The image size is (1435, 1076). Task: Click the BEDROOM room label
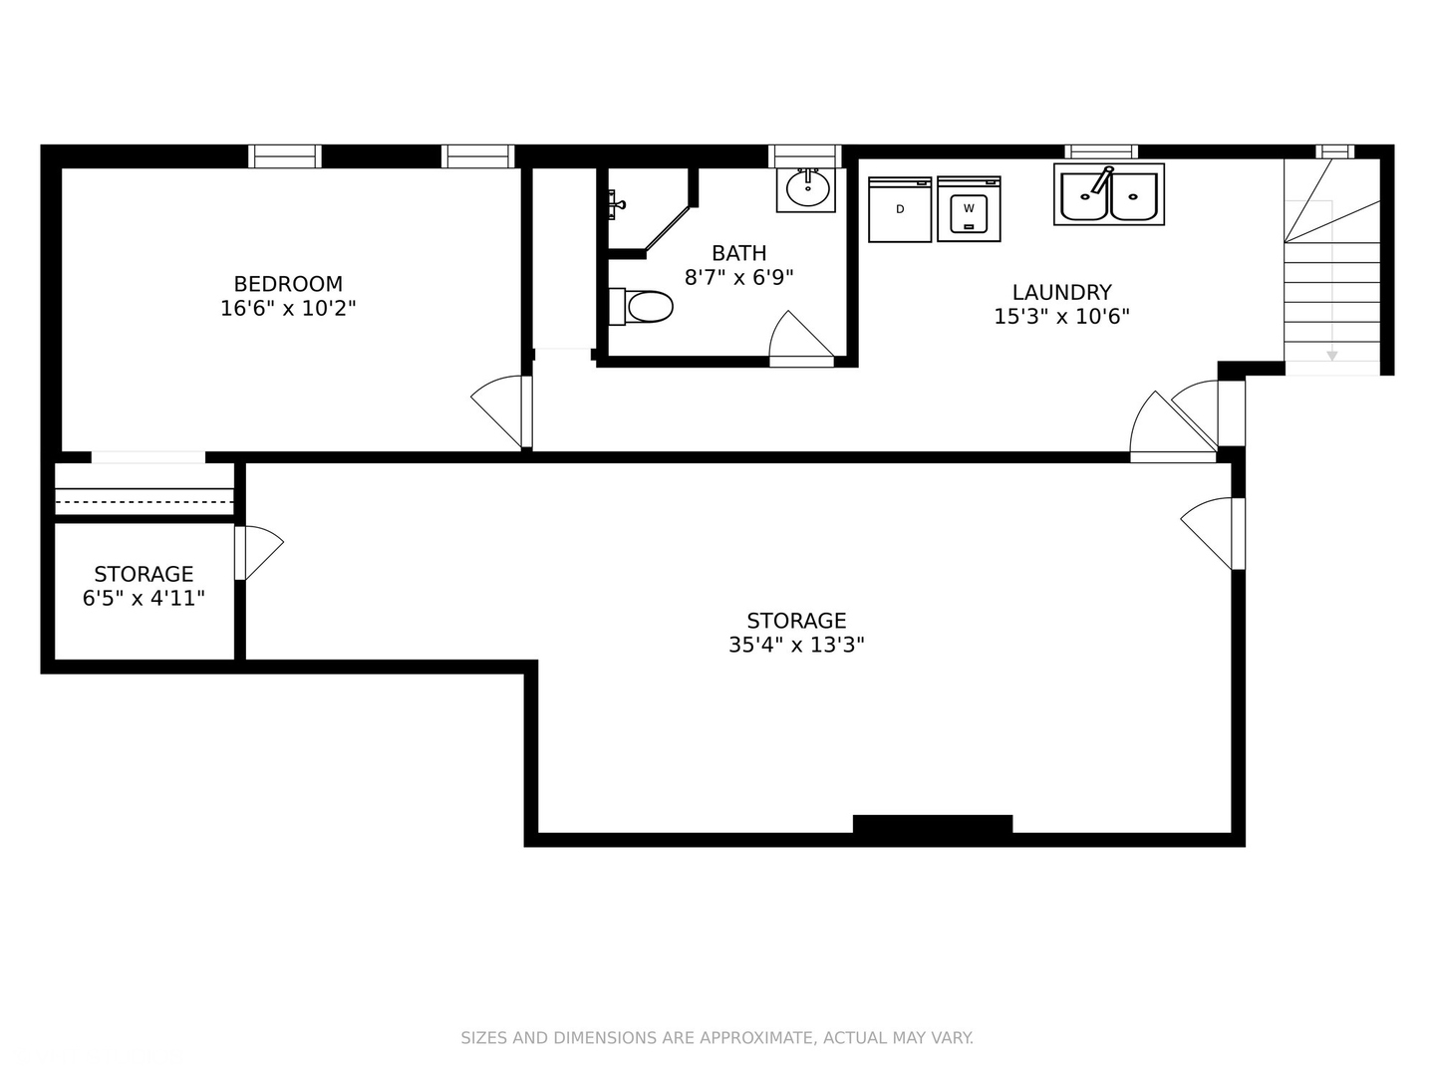288,284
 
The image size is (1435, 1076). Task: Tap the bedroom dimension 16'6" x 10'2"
288,309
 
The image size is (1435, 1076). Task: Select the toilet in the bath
641,307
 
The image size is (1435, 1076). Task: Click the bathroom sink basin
808,189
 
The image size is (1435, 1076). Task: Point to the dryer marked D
900,209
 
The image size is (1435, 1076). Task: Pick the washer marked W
969,208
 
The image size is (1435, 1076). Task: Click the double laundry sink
1109,194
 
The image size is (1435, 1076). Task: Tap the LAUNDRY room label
1061,292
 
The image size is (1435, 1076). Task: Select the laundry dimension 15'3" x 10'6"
1061,316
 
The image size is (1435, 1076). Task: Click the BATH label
738,253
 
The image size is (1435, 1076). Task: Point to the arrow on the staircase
1331,356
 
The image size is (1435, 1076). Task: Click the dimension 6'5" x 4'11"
143,598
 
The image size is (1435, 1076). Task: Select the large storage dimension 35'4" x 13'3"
796,645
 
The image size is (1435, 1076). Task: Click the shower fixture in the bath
615,204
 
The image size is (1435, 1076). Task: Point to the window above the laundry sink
1101,151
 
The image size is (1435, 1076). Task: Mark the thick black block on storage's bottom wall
933,824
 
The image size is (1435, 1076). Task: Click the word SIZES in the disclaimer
484,1037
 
